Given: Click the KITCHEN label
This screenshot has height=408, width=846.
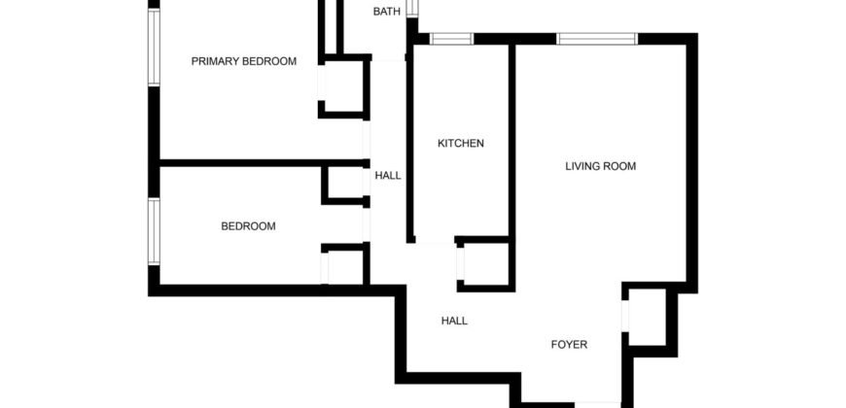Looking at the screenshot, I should click(x=460, y=144).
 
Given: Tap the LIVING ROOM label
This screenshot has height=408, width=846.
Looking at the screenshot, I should click(x=600, y=166).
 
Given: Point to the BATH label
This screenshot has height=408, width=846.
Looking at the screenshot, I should click(x=386, y=12).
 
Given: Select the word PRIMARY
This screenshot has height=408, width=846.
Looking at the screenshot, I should click(x=214, y=61).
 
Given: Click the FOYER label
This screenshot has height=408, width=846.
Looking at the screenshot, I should click(x=569, y=344).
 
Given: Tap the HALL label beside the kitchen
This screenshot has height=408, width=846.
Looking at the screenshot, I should click(x=388, y=176).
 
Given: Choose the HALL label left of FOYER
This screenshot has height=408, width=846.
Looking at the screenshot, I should click(x=454, y=321).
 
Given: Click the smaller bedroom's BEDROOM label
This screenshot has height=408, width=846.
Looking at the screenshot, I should click(x=248, y=226).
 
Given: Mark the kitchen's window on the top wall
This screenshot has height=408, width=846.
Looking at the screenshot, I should click(x=451, y=39).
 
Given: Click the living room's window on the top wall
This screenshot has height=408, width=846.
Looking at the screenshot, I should click(x=596, y=39).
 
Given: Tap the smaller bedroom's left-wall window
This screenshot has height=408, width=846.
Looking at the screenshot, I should click(x=153, y=231).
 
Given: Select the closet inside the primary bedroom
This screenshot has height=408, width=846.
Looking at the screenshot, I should click(x=343, y=87).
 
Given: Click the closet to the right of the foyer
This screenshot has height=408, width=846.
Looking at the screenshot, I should click(x=645, y=318).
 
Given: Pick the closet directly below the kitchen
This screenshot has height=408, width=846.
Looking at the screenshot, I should click(x=483, y=263).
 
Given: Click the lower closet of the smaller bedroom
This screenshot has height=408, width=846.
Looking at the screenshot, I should click(x=343, y=265).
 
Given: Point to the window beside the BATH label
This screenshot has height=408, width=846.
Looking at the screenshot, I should click(x=411, y=9).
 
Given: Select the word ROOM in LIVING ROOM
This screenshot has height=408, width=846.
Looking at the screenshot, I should click(x=620, y=166).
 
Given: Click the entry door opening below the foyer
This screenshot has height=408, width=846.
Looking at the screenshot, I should click(x=598, y=403).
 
